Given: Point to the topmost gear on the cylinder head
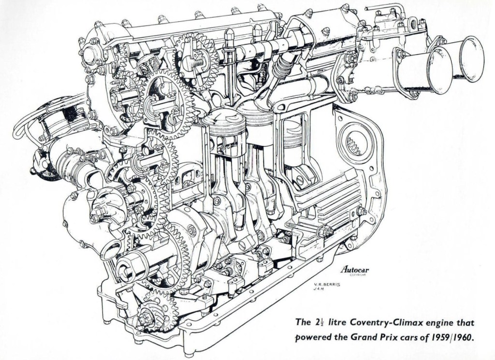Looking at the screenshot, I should pyautogui.click(x=196, y=60).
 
